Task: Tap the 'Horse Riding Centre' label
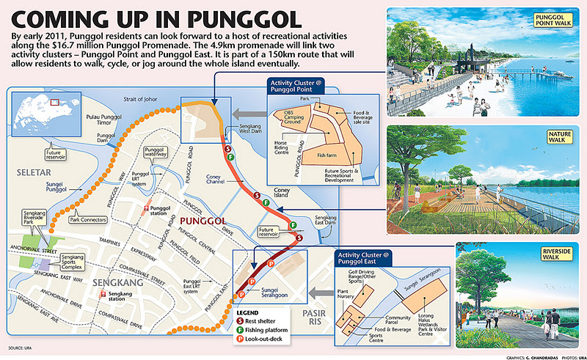[x=285, y=144]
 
